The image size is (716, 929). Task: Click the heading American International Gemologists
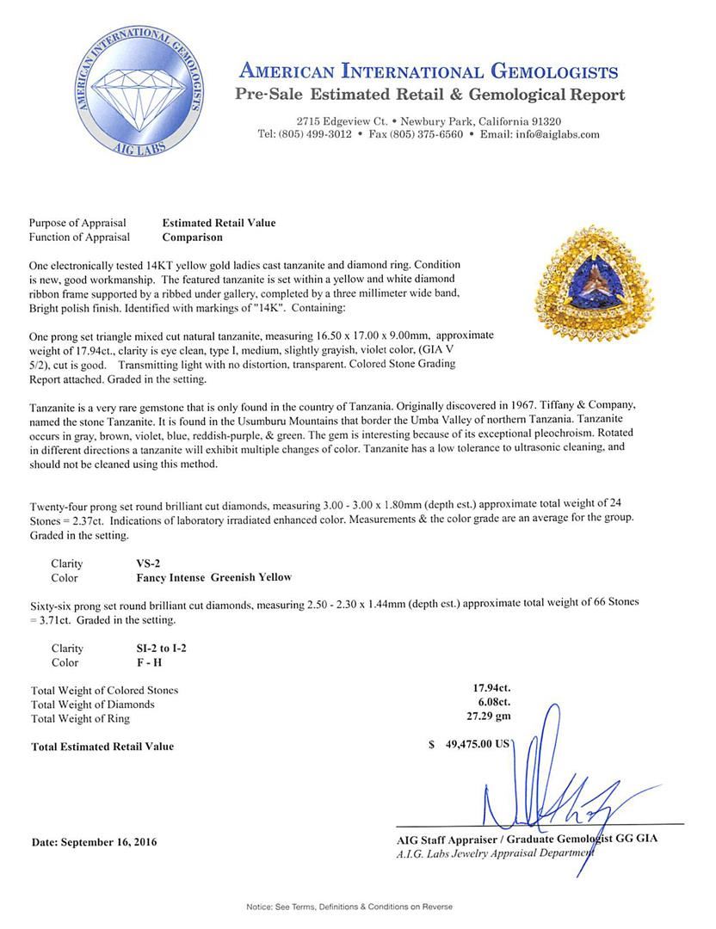pyautogui.click(x=427, y=71)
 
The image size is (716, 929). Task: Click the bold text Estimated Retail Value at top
pyautogui.click(x=219, y=223)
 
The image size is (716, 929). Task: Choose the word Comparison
pyautogui.click(x=192, y=237)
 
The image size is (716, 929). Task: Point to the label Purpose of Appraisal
pyautogui.click(x=77, y=223)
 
